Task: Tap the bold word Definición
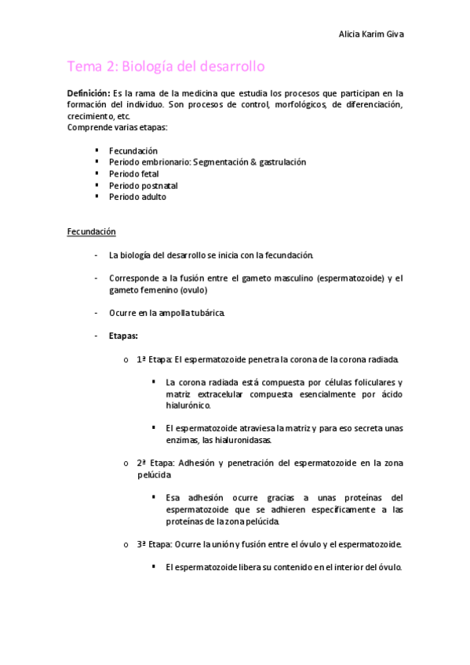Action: (x=88, y=93)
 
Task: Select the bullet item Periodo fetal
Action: (x=133, y=173)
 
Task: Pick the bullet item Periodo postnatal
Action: (x=144, y=185)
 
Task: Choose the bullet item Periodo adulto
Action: (x=138, y=197)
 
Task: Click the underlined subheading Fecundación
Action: (x=91, y=231)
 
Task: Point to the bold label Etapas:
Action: (x=123, y=336)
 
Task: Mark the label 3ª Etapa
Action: (x=154, y=543)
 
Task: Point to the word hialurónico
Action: (x=188, y=405)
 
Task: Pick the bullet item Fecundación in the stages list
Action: (x=133, y=150)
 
